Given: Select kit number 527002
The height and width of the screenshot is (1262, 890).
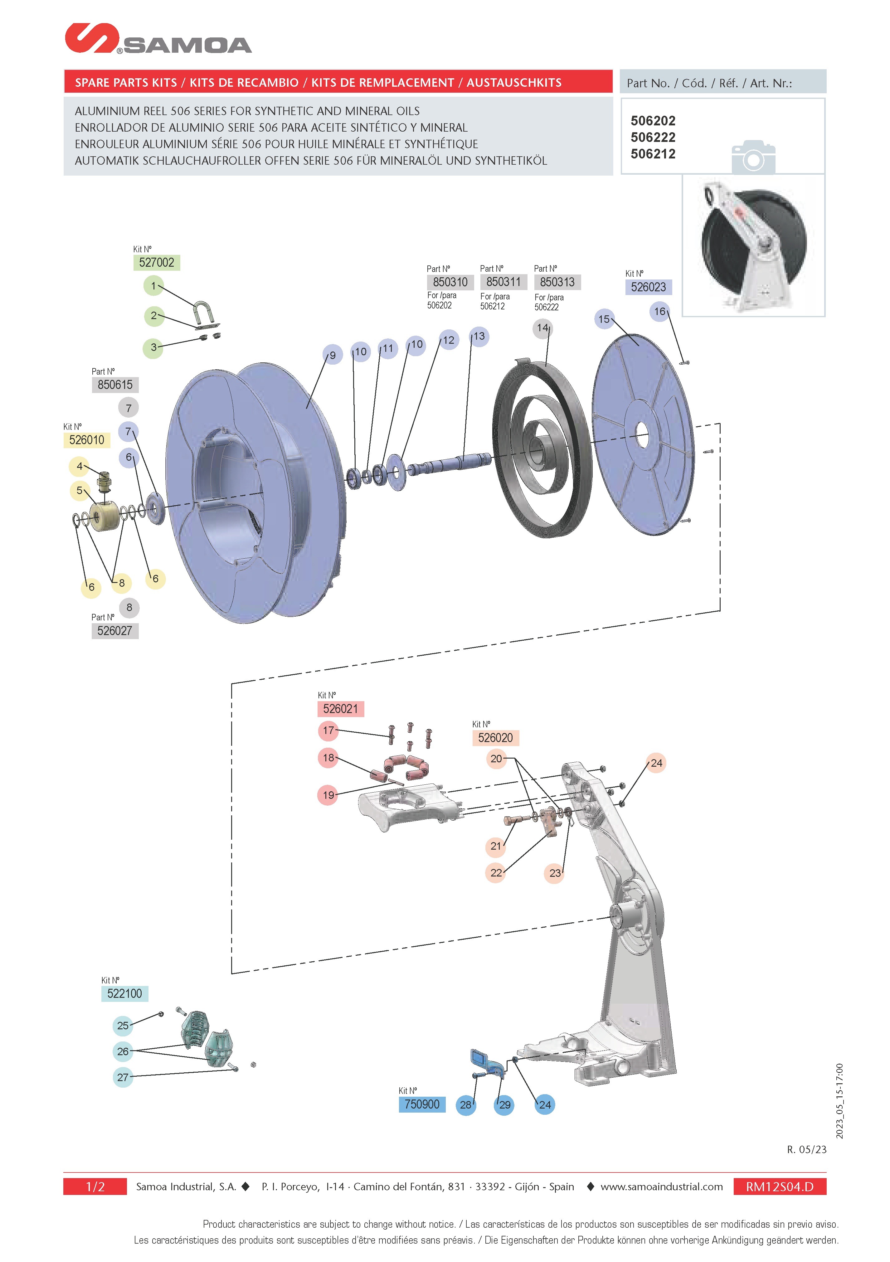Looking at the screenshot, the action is pos(157,263).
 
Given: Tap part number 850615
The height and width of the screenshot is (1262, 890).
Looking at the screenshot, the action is pos(115,385).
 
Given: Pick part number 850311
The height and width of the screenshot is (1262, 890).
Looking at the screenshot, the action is pos(503,282).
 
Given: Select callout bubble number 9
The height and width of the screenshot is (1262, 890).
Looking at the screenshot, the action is pos(333,355).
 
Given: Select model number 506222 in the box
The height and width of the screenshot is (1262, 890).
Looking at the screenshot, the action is pos(653,138).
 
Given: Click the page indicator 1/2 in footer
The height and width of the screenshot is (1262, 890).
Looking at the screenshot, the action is pos(95,1187).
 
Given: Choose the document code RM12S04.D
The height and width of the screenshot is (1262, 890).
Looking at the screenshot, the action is pos(780,1187).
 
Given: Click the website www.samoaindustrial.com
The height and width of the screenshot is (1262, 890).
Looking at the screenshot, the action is pos(661,1187).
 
